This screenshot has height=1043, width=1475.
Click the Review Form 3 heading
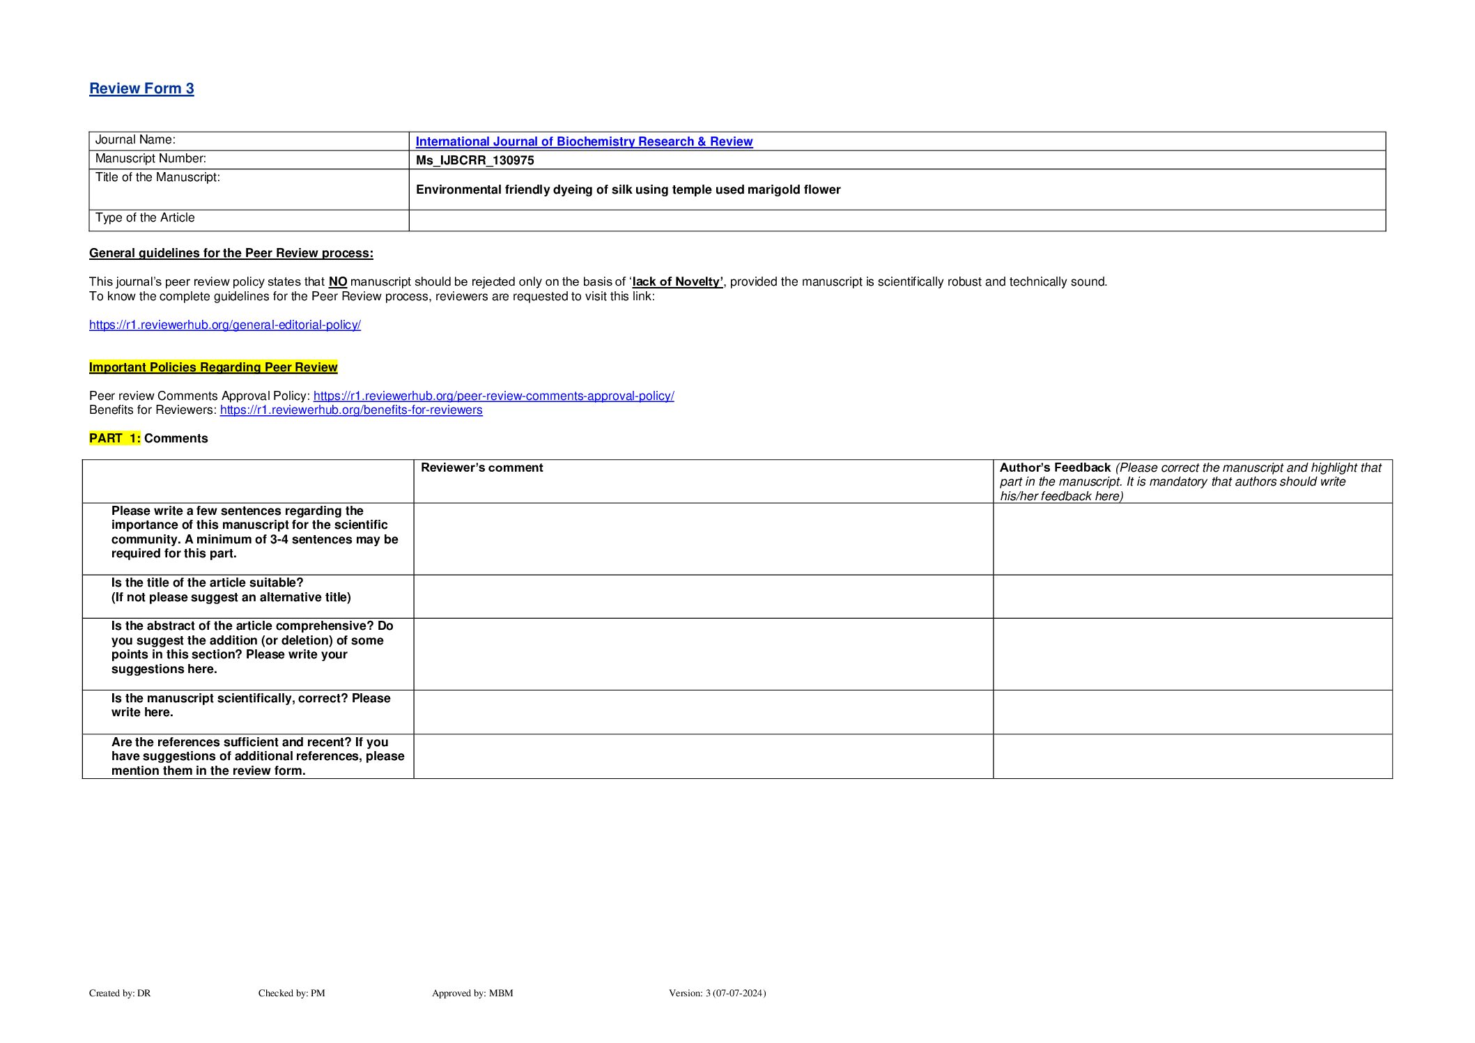[x=141, y=88]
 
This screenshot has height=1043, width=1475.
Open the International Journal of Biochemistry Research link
[x=584, y=141]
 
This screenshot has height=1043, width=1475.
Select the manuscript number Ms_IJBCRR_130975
[x=474, y=160]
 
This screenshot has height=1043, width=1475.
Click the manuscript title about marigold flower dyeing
[x=628, y=190]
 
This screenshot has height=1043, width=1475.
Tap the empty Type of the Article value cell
[x=896, y=220]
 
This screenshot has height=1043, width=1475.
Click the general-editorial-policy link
[x=224, y=325]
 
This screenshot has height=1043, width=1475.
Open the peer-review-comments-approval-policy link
[x=493, y=396]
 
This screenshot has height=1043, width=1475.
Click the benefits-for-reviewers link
[x=351, y=410]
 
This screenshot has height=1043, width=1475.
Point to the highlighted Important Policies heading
[x=213, y=367]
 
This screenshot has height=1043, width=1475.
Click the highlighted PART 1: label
[x=115, y=438]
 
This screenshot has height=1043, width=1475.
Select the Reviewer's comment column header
[x=481, y=468]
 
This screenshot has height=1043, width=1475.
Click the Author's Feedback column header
[x=1054, y=468]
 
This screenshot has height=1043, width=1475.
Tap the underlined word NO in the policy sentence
[x=338, y=281]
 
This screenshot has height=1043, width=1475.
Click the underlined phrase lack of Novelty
[x=677, y=281]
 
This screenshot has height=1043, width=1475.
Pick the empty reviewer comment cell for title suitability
[x=702, y=596]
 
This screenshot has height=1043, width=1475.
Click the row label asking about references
[x=257, y=756]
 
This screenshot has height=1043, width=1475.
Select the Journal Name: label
[x=135, y=140]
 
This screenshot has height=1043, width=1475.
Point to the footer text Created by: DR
[x=120, y=993]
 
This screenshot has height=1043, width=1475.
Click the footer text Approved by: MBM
[x=472, y=993]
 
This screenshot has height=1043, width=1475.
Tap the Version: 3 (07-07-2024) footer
[x=717, y=993]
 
